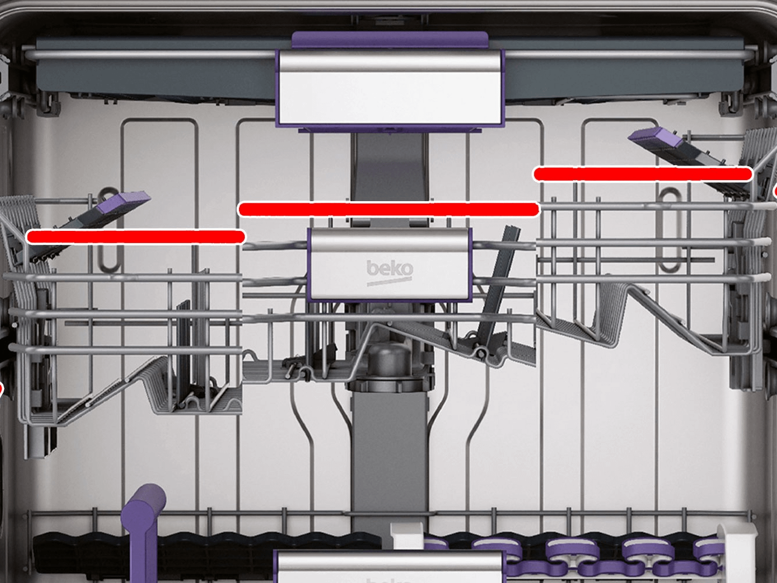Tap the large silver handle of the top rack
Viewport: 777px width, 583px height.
[390, 88]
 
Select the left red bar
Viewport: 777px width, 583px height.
[136, 237]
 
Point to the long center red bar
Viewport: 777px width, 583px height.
[389, 209]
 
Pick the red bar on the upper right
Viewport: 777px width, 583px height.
[643, 174]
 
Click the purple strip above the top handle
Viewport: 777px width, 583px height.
[390, 40]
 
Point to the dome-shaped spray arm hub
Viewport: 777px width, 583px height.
[389, 359]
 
